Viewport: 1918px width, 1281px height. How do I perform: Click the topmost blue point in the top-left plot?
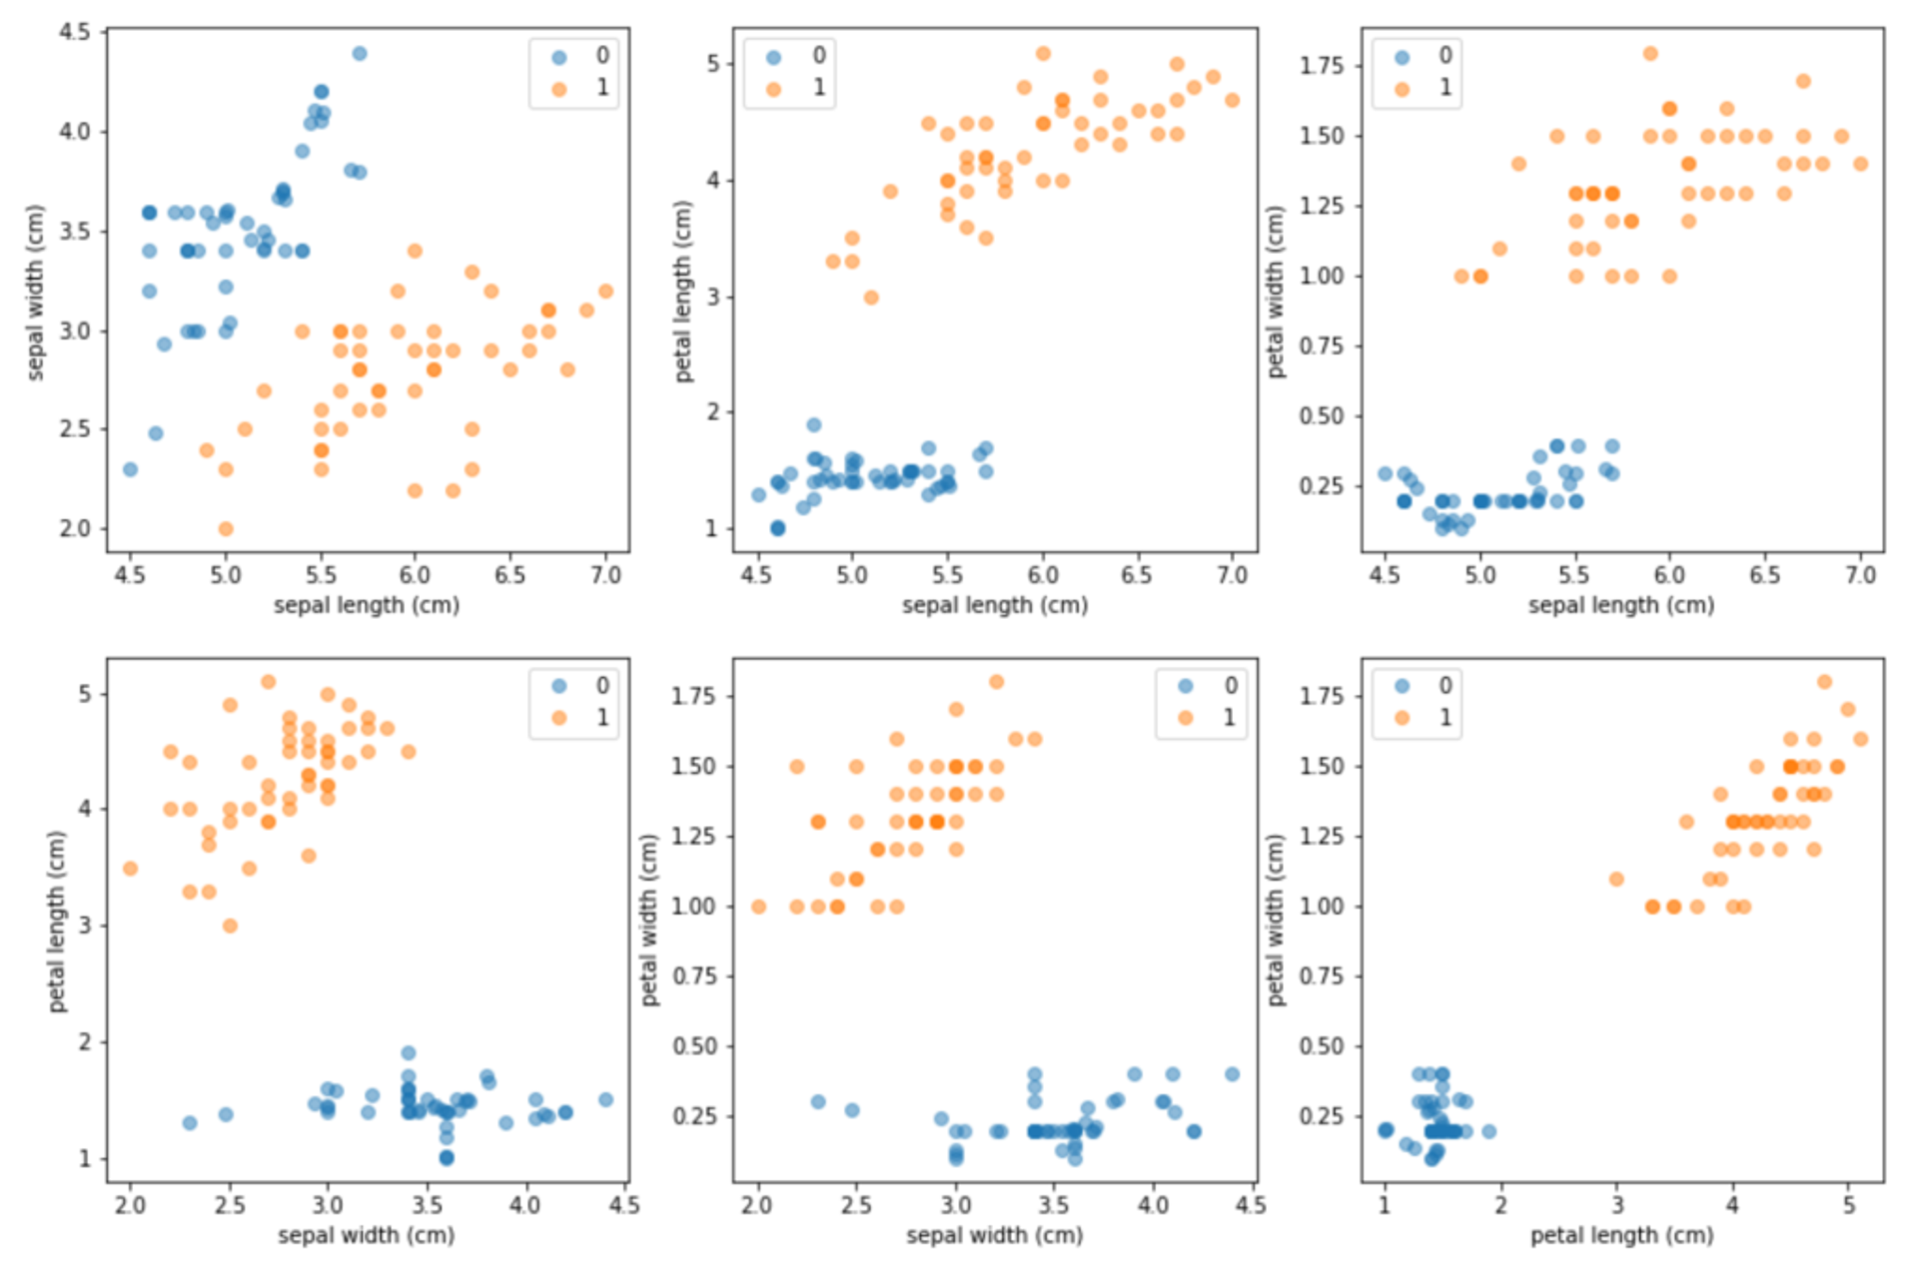(x=360, y=54)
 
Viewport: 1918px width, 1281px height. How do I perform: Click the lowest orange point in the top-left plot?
(x=226, y=529)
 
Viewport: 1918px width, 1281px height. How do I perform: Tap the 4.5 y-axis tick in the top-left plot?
(x=74, y=32)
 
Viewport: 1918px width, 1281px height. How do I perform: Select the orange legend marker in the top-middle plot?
(x=773, y=90)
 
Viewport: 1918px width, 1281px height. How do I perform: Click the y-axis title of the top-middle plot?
(x=683, y=291)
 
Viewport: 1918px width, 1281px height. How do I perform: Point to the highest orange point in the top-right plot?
(x=1650, y=54)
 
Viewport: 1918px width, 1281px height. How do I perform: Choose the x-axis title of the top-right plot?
(x=1620, y=605)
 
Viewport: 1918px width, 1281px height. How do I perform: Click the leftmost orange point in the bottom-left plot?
(x=130, y=869)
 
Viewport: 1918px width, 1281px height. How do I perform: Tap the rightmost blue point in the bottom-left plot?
(x=605, y=1099)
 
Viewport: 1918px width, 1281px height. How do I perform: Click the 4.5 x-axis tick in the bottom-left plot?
(x=624, y=1205)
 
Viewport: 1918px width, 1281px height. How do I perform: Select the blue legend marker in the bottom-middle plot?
(x=1186, y=686)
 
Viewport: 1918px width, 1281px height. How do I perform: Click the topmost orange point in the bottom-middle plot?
(x=996, y=682)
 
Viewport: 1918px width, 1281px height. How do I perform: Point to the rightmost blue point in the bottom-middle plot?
(x=1232, y=1074)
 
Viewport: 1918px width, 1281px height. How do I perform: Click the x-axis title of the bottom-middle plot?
(x=994, y=1235)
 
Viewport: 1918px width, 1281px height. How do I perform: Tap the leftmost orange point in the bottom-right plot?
(x=1616, y=879)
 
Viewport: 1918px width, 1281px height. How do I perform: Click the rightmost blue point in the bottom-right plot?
(x=1488, y=1131)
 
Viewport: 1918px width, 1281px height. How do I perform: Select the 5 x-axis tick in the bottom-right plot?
(x=1849, y=1205)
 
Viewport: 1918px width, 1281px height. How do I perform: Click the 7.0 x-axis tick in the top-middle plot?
(x=1232, y=575)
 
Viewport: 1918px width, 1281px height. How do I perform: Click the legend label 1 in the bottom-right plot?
(x=1444, y=717)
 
